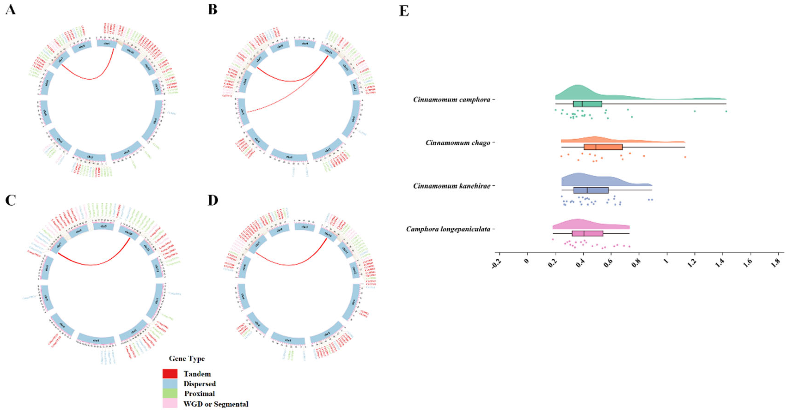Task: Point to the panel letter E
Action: pos(404,11)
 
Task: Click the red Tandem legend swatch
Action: pos(170,374)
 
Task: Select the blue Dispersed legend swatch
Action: pos(170,384)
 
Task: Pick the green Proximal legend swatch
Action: pos(170,394)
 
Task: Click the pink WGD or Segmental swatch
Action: pos(170,403)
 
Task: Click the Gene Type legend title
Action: pos(187,358)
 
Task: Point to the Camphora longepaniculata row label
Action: pos(448,229)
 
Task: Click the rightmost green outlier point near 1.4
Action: pos(726,111)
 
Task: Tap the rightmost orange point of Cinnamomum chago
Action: pos(685,157)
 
